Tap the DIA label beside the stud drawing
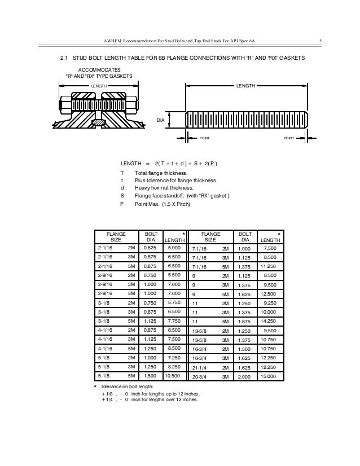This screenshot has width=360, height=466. [160, 120]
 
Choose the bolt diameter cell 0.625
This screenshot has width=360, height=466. [150, 248]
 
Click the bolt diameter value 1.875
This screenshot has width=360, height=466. [243, 320]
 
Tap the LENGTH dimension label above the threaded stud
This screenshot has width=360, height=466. [245, 86]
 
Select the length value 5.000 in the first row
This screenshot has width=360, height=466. [174, 248]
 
